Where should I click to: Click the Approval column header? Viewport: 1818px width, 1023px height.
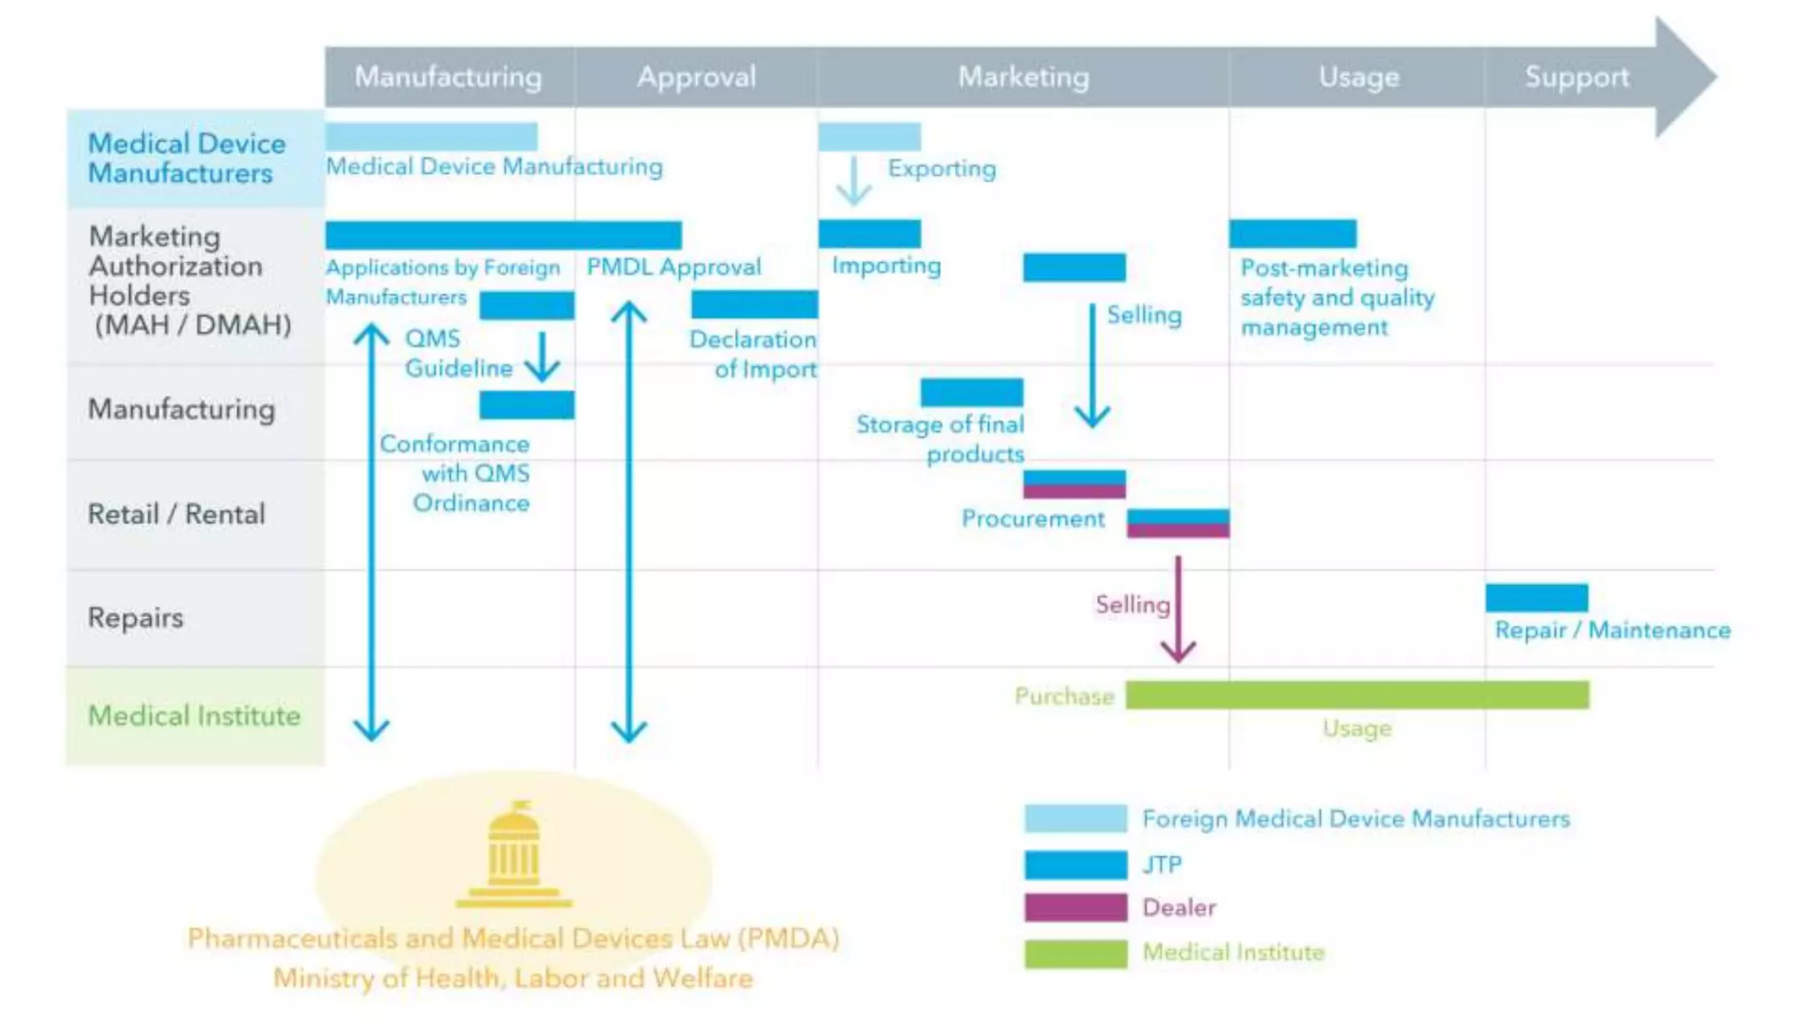[x=696, y=77]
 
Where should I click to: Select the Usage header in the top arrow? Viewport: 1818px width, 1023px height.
[x=1358, y=77]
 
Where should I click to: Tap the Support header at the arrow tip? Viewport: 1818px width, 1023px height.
[x=1577, y=77]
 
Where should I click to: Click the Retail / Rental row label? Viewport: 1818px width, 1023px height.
[x=176, y=514]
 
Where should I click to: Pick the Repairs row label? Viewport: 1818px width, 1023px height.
[x=135, y=618]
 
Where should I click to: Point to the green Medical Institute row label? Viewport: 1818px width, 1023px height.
[x=194, y=716]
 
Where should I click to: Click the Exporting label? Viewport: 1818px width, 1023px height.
[x=942, y=169]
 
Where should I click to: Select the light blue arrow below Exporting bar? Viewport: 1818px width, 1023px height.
[x=854, y=181]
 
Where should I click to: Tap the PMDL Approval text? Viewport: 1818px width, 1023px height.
[x=674, y=267]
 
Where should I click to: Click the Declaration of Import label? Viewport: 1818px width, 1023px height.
[x=755, y=354]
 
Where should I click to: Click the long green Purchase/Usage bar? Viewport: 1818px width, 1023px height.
[x=1356, y=695]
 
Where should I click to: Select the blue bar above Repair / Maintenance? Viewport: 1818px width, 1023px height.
[x=1537, y=598]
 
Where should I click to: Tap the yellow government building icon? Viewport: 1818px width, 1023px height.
[x=514, y=854]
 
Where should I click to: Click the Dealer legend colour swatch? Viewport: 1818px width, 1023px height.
[x=1075, y=908]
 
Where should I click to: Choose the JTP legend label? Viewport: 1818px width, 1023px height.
[x=1162, y=865]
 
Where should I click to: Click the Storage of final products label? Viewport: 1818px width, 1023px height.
[x=941, y=440]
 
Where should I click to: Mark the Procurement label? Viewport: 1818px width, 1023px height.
[x=1033, y=519]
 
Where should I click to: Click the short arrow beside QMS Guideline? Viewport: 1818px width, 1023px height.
[x=541, y=357]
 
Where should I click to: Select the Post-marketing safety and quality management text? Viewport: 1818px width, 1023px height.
[x=1336, y=298]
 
